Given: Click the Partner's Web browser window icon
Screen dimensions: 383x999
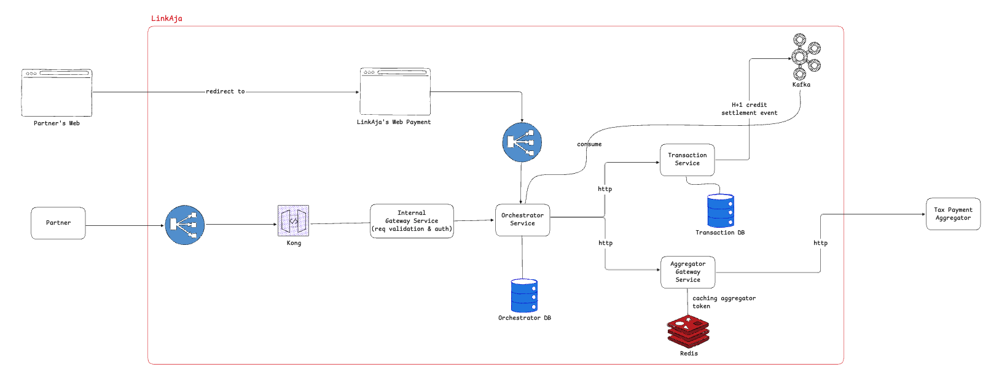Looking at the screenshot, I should [x=57, y=93].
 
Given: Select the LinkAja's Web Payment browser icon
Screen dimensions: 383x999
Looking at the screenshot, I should [x=395, y=91].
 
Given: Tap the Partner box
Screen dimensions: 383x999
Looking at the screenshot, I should [x=58, y=223].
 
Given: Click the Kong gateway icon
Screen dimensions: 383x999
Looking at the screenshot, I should [x=294, y=221].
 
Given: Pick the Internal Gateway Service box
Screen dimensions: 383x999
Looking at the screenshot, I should [x=412, y=221].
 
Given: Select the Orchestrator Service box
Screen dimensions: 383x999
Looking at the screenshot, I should [x=522, y=220].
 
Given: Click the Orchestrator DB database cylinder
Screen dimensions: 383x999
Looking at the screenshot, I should [x=524, y=295].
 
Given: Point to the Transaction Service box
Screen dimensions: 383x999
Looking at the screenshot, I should [x=687, y=160].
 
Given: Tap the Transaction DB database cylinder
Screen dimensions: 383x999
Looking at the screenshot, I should [x=720, y=211].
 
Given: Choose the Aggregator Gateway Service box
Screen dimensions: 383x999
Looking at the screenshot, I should [x=688, y=272].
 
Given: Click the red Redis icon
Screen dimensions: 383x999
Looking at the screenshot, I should [x=688, y=331].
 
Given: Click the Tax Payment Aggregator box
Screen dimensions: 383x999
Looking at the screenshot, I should [x=953, y=214].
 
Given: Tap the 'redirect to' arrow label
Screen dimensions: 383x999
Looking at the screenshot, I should [x=225, y=91].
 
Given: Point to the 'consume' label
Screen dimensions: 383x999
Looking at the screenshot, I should [x=589, y=144].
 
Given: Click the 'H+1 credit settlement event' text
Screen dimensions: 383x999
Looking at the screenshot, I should [x=749, y=109].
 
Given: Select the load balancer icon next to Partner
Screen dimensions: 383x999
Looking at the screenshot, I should [x=185, y=225].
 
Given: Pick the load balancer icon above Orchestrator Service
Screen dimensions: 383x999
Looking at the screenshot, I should [x=522, y=142].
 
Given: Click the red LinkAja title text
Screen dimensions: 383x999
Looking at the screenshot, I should [x=166, y=18].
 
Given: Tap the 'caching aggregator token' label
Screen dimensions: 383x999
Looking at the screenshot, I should [x=723, y=302].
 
